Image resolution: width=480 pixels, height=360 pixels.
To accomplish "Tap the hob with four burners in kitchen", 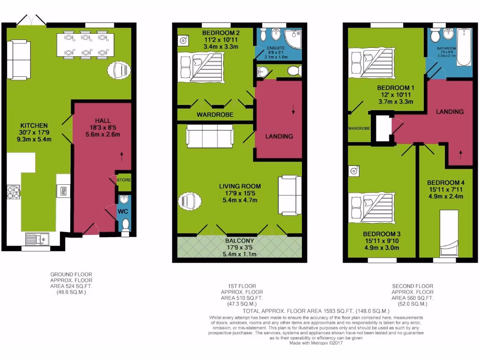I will pos(14,193).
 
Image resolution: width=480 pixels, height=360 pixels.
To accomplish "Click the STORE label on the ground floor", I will pos(124,180).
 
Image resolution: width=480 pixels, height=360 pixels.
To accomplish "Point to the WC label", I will pos(122,212).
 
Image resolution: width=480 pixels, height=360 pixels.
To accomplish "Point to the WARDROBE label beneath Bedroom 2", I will pos(215,114).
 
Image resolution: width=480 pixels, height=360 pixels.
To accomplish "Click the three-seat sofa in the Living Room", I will pos(210,136).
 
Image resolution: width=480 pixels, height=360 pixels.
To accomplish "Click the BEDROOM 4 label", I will pos(446,182).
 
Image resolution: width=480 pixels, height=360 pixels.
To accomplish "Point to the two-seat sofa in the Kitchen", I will pos(19,59).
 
